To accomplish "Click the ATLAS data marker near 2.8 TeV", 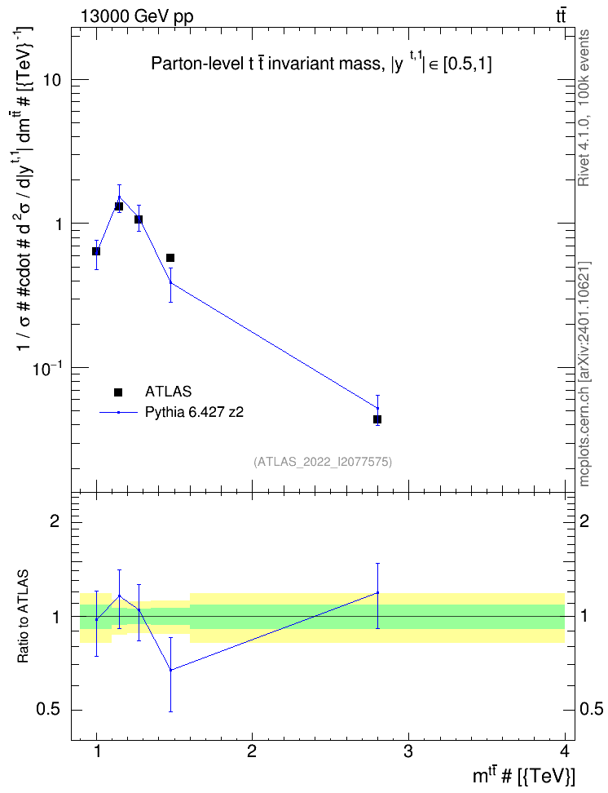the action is (x=377, y=419).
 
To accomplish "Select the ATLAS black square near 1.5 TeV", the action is (x=170, y=258).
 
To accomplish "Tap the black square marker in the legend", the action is (x=118, y=392).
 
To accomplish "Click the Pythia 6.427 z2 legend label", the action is (x=194, y=412).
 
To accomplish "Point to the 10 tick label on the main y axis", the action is (x=52, y=80).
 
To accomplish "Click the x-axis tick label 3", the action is (x=408, y=751).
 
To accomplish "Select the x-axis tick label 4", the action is (x=565, y=751).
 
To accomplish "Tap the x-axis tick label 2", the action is (x=252, y=751).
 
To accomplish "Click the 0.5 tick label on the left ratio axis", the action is (x=49, y=710).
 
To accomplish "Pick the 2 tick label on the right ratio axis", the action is (x=584, y=521).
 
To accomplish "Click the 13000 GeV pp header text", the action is (x=137, y=16).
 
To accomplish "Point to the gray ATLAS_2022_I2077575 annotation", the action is (x=323, y=461).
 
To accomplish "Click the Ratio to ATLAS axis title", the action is (x=23, y=617).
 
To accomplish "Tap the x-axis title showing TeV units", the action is (x=523, y=775).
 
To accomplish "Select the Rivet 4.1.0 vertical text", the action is (x=584, y=108).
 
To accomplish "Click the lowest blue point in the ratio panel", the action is (x=171, y=670).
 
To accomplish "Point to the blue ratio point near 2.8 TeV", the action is (x=377, y=593).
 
